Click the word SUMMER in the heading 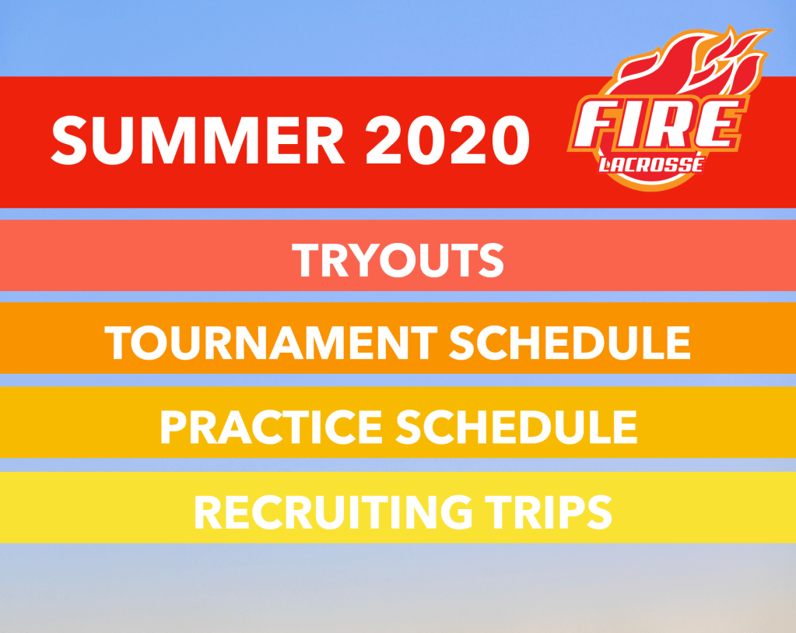(x=198, y=139)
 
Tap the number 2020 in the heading (x=447, y=139)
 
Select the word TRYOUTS (x=398, y=259)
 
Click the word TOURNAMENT (x=271, y=343)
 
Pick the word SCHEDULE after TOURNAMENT (x=570, y=343)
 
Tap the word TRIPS (x=549, y=512)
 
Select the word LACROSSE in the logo (x=651, y=164)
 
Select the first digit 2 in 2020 (x=384, y=139)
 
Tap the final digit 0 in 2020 (x=510, y=139)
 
